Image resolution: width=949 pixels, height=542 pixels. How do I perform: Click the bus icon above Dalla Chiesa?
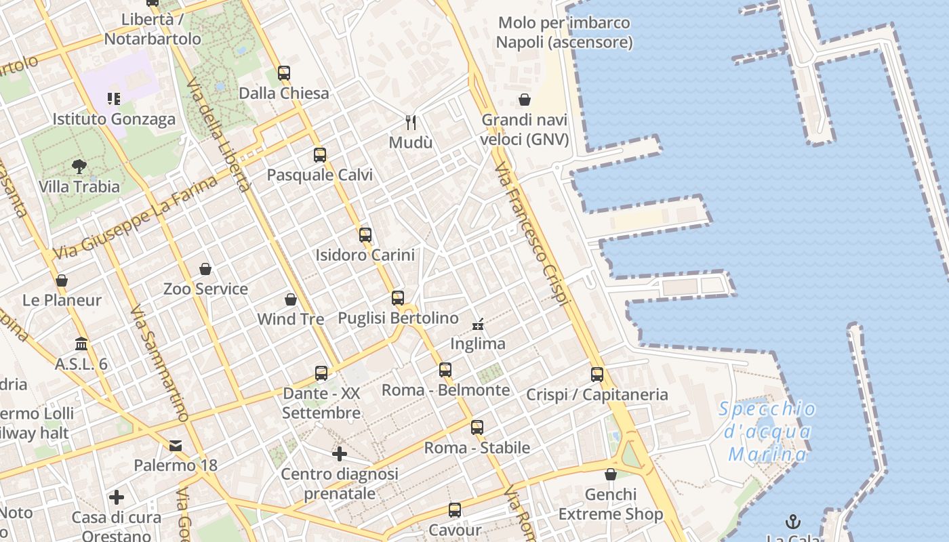coord(284,72)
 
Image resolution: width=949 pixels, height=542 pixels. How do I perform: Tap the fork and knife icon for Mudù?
coord(410,123)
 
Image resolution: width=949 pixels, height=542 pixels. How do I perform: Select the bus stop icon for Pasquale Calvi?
coord(320,155)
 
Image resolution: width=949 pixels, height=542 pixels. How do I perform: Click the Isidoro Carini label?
coord(365,255)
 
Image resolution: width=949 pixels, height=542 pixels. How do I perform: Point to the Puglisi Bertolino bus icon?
coord(398,297)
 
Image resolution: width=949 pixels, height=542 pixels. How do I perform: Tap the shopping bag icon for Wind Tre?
coord(291,299)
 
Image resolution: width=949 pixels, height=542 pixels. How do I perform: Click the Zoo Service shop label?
coord(205,289)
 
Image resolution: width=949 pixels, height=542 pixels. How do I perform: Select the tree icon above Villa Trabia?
coord(79,167)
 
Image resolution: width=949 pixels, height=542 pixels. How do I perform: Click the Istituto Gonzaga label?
coord(114,119)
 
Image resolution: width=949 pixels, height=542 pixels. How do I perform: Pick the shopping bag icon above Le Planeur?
coord(62,280)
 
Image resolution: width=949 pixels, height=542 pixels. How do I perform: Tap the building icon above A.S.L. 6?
coord(81,343)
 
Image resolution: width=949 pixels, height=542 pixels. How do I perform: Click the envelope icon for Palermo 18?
coord(176,445)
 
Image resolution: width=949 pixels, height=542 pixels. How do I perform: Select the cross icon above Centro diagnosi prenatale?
coord(340,453)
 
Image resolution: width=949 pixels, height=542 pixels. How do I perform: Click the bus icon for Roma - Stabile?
coord(477,428)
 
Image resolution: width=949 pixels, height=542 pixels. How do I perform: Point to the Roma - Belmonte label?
coord(446,390)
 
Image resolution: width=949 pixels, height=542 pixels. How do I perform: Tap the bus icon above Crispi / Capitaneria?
coord(597,374)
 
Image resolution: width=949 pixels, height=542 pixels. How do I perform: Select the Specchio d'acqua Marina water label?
coord(767,432)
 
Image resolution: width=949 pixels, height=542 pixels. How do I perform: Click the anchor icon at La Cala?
coord(792,521)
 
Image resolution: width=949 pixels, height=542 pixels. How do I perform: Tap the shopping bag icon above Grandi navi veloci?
coord(525,100)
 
